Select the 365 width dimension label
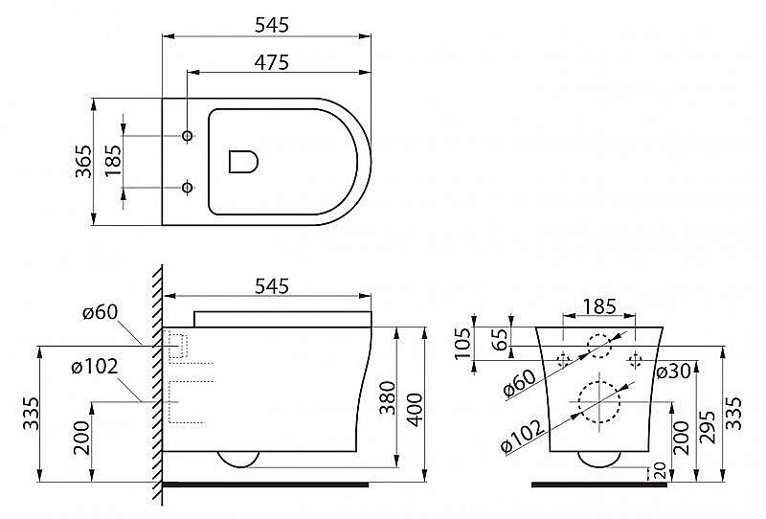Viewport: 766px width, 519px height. point(83,161)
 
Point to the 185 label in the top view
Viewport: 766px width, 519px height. point(114,161)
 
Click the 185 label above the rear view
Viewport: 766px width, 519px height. point(598,307)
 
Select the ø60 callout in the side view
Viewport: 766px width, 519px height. point(100,311)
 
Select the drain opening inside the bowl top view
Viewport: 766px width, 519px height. point(244,160)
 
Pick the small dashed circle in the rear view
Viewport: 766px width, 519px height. point(600,345)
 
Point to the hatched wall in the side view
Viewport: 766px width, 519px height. point(155,383)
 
